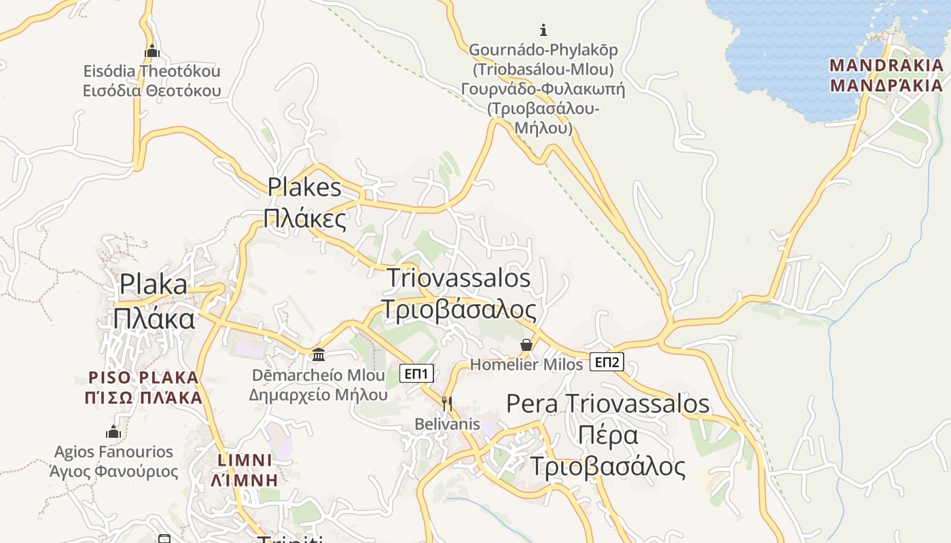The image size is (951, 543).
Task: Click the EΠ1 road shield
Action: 416,373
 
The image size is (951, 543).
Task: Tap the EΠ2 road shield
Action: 607,362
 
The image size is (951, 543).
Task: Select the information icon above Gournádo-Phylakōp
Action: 543,30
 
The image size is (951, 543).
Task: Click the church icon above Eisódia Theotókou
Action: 151,51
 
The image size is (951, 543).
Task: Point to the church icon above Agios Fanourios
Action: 113,432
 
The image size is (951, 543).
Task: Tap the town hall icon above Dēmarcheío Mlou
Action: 318,354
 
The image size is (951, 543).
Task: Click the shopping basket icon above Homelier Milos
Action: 526,345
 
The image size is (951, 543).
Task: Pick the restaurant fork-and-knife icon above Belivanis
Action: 447,404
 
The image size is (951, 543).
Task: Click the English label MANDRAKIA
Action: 886,66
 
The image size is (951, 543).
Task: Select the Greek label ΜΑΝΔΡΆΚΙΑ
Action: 886,86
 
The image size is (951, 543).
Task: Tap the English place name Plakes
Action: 304,187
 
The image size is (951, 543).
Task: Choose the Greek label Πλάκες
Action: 305,219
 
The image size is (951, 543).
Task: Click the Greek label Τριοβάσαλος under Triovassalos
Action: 459,309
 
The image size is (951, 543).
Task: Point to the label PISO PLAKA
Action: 144,377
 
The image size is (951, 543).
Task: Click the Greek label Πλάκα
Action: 154,318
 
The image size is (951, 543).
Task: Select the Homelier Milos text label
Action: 526,364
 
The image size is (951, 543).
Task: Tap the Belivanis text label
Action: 448,424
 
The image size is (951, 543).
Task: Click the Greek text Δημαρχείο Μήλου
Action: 319,394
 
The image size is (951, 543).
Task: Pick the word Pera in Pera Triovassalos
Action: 533,404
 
